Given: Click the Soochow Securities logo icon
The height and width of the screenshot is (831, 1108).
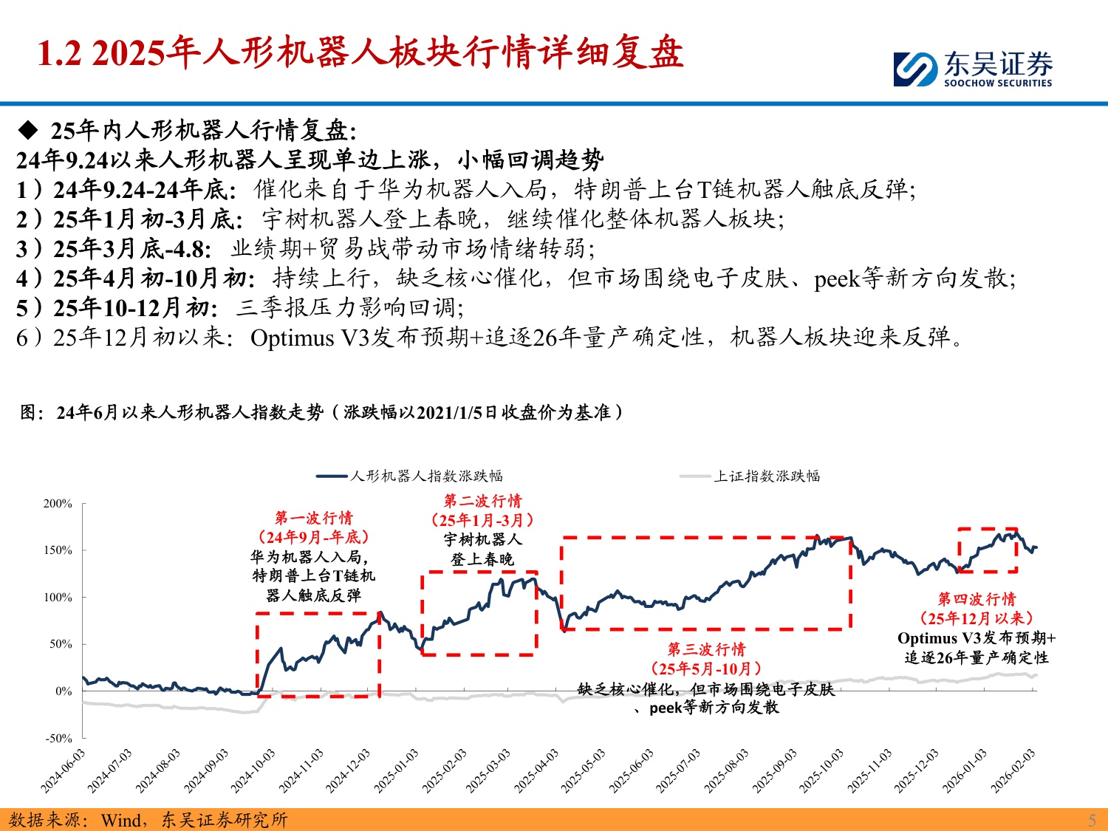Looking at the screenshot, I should [x=916, y=69].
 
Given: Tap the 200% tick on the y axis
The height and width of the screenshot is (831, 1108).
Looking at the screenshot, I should [x=58, y=504].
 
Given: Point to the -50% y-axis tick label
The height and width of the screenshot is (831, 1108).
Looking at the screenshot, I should [x=59, y=738].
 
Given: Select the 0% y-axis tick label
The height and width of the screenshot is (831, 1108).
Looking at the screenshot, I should [x=64, y=691].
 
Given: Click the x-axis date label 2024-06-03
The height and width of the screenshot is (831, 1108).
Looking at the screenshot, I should [x=64, y=770].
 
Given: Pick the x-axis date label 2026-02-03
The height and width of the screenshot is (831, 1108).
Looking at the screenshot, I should [x=1014, y=770].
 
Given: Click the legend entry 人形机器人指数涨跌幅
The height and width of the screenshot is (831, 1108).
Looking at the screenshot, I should [x=426, y=476].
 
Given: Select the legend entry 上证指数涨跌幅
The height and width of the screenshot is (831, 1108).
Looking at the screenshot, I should [x=767, y=476].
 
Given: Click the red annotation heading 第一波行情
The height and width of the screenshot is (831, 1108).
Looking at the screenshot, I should [x=314, y=518].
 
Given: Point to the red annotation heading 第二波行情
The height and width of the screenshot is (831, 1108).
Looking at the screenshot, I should [x=482, y=501].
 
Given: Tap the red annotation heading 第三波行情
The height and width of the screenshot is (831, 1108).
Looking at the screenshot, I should [x=706, y=649].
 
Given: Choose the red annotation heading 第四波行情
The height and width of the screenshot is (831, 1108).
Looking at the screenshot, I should [x=977, y=599].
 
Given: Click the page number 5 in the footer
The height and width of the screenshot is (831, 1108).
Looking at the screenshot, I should [x=1092, y=820].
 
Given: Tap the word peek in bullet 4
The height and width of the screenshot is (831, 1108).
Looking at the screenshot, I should [x=837, y=279].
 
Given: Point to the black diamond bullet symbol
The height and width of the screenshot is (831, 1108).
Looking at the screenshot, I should [x=28, y=131].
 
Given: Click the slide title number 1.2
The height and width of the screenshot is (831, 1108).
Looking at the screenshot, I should [x=59, y=53].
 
